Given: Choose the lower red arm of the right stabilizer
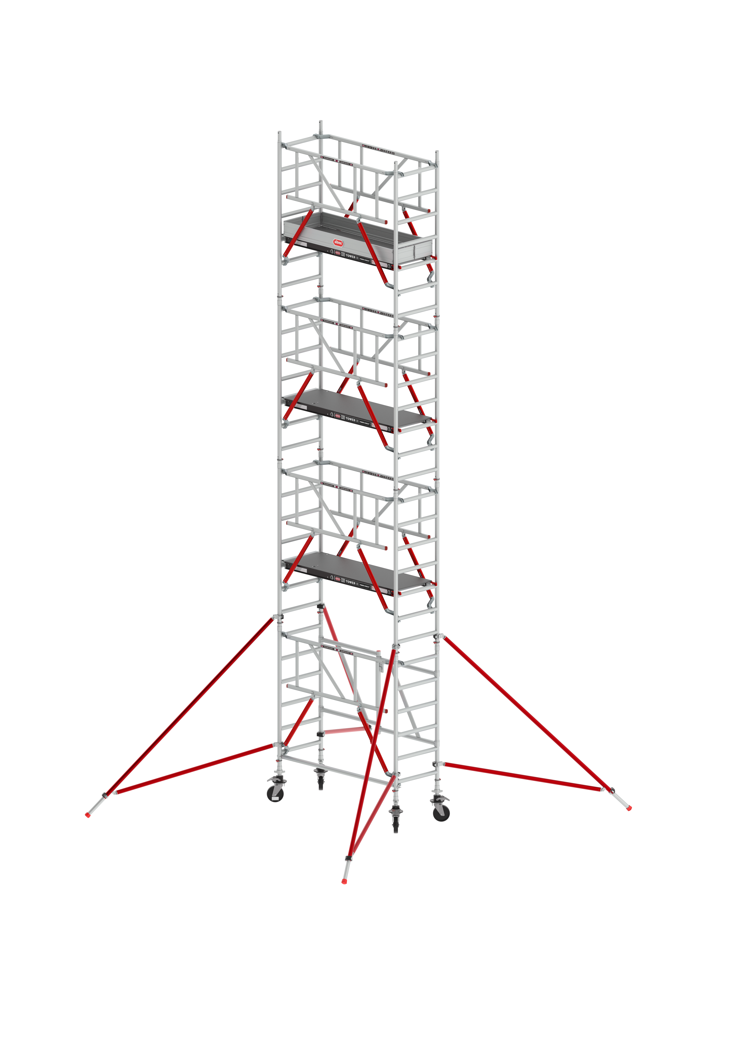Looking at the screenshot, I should tap(521, 776).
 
